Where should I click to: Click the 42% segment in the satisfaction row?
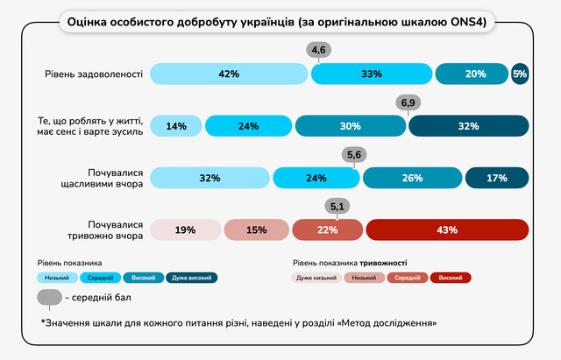click(x=230, y=74)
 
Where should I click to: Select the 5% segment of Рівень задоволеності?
click(x=520, y=74)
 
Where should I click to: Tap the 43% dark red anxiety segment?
click(x=447, y=230)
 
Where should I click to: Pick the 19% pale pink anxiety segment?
click(x=185, y=230)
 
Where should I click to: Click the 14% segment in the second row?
click(x=176, y=126)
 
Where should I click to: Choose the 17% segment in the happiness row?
click(x=497, y=179)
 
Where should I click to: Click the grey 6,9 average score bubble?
click(x=408, y=103)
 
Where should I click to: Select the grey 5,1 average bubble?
click(x=337, y=207)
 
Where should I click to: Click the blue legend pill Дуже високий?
click(x=193, y=278)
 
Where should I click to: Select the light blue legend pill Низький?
click(x=58, y=278)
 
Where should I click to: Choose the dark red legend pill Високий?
click(x=451, y=278)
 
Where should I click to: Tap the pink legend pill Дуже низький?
click(x=316, y=278)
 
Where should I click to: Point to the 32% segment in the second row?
click(x=468, y=126)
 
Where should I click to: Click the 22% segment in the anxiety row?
click(x=326, y=230)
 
